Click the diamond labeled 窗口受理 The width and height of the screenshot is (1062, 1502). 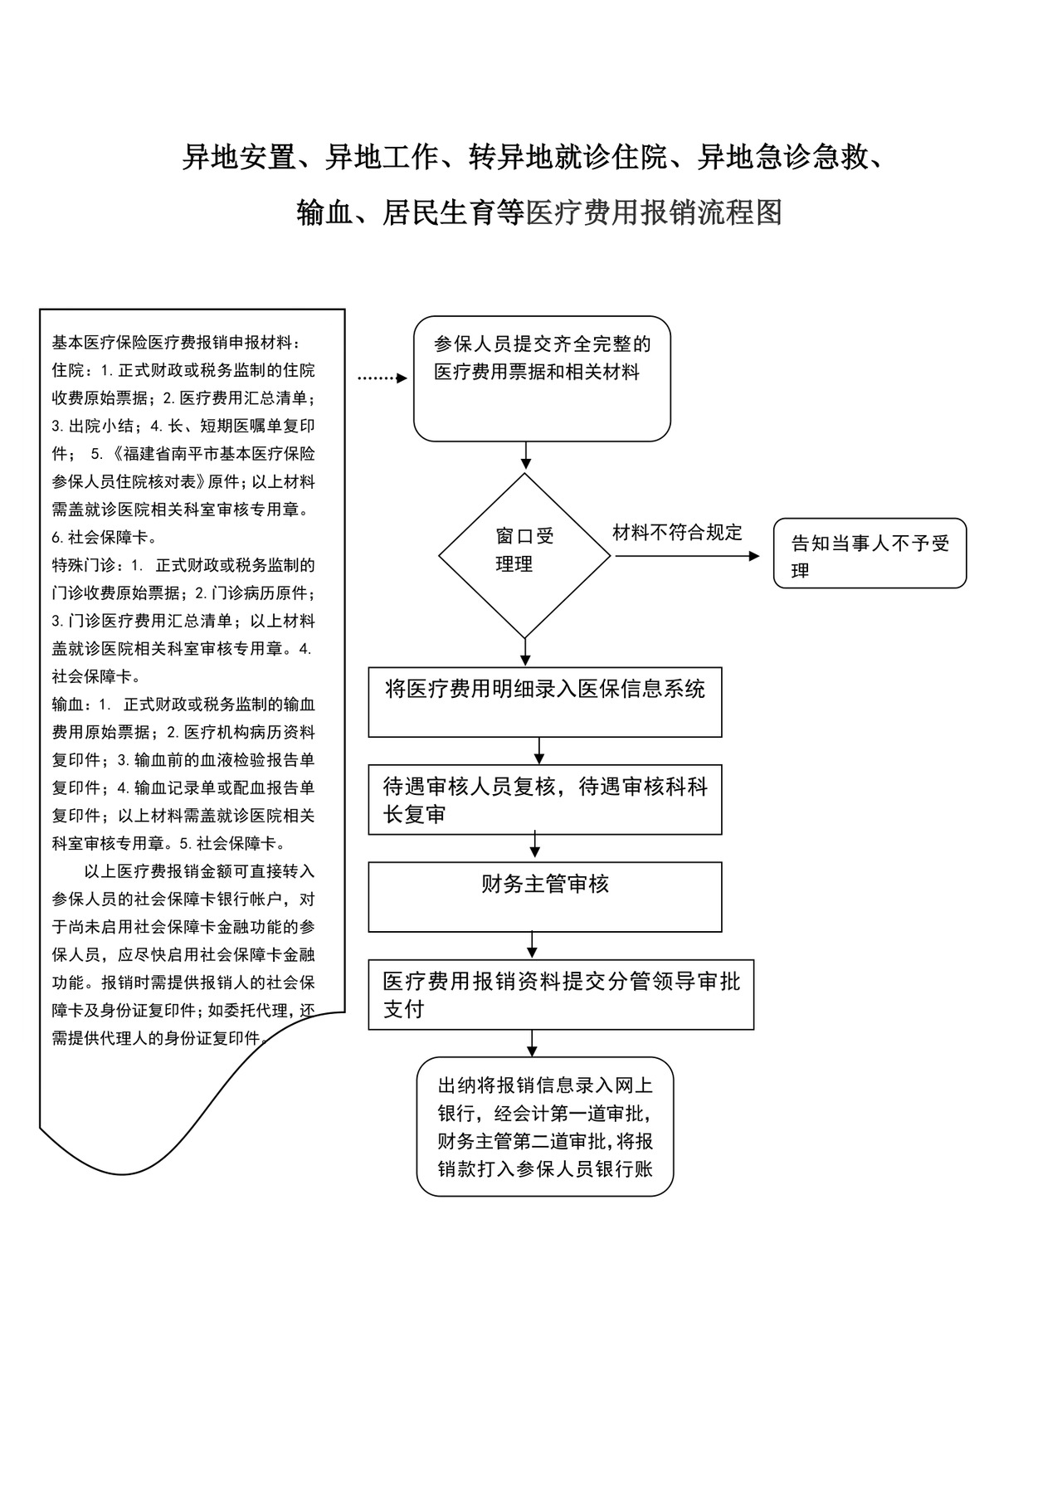(x=524, y=554)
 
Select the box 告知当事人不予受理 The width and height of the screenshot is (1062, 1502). (x=870, y=554)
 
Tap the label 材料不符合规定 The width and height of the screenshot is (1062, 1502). (x=677, y=533)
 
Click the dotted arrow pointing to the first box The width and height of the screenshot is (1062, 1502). (x=382, y=378)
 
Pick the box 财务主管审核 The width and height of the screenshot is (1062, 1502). (x=544, y=896)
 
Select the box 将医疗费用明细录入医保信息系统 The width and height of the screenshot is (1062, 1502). (x=544, y=701)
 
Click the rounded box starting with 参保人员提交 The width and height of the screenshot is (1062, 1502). (x=542, y=378)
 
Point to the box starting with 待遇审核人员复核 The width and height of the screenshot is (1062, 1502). (x=544, y=799)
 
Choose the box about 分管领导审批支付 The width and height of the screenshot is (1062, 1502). (x=561, y=995)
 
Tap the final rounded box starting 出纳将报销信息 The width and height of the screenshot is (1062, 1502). (x=545, y=1126)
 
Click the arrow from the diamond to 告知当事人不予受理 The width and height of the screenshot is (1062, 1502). (x=686, y=556)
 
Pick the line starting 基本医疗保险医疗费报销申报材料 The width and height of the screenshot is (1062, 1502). (x=177, y=342)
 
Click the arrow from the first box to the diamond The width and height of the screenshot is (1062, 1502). (x=525, y=456)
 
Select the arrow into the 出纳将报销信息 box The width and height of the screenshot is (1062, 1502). (x=532, y=1043)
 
